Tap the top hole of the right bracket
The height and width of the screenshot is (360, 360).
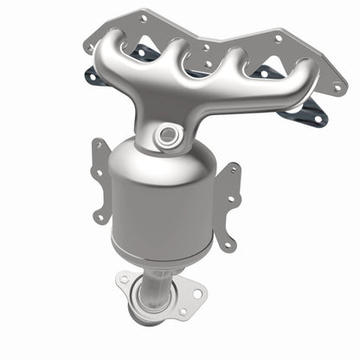231,170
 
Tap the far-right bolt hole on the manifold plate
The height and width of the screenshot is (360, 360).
337,87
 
